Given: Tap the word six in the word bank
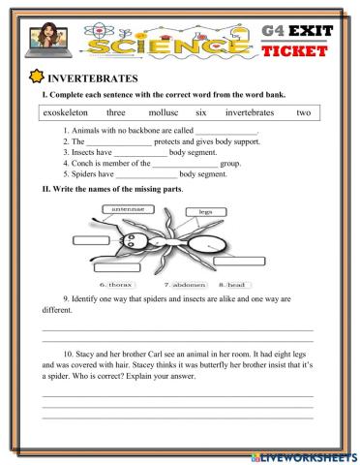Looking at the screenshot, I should [x=201, y=113].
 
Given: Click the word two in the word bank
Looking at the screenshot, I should [x=303, y=113].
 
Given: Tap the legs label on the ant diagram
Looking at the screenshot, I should [x=205, y=210].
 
